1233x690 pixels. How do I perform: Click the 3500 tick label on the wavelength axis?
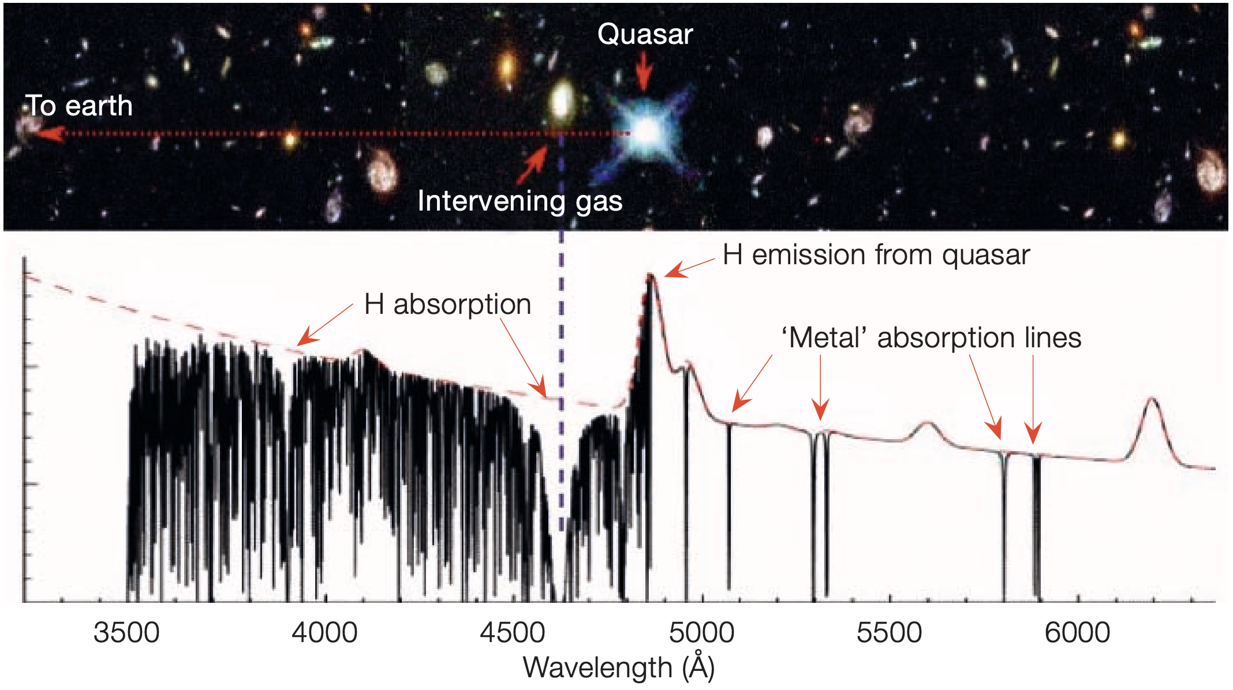126,633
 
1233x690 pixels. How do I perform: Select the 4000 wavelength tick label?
324,633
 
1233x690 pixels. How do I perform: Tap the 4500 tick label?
513,633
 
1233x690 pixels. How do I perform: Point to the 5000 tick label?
701,633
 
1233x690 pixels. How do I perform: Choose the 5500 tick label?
889,633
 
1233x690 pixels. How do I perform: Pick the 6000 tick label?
1077,633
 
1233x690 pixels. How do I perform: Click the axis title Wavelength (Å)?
619,667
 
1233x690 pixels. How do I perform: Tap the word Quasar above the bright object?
645,34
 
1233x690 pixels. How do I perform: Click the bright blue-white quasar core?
647,132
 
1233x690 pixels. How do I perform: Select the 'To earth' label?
79,106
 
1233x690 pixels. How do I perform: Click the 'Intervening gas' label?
520,201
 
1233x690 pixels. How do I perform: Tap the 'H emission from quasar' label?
876,255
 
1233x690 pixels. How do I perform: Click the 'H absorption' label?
447,304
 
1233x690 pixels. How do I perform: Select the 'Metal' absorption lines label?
931,337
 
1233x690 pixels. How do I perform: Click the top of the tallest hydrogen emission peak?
651,276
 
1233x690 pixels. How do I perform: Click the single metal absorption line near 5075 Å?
729,508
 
